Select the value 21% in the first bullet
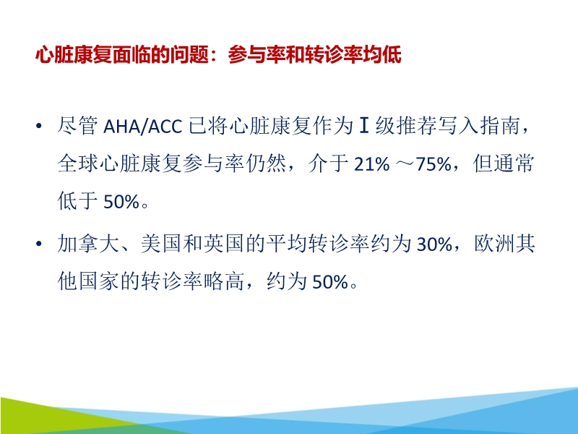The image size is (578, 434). tap(371, 165)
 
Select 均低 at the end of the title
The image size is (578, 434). tap(383, 56)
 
